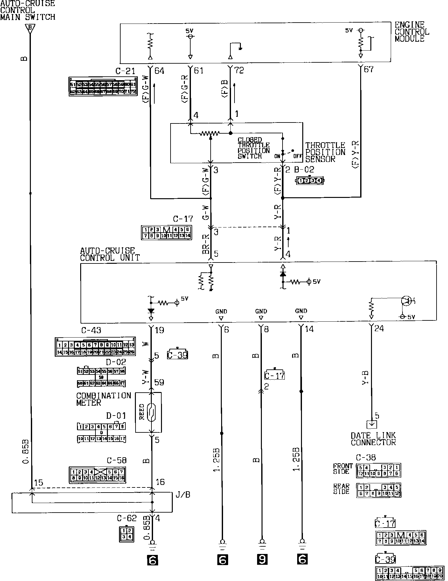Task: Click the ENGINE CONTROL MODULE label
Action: point(412,32)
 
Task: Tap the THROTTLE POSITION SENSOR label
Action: point(325,152)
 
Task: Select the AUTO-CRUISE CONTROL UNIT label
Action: point(110,254)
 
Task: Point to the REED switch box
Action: point(148,412)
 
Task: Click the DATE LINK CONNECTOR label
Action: point(373,439)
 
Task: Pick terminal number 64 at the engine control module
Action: point(159,71)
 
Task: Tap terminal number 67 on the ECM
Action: point(368,69)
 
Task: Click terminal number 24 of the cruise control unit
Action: point(379,328)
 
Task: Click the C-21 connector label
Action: point(125,71)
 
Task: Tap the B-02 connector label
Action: point(304,170)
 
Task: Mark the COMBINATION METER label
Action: point(103,399)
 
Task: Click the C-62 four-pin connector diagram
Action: point(126,535)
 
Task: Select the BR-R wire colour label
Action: point(206,244)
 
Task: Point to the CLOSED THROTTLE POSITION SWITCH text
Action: point(254,148)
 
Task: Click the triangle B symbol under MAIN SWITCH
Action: point(30,28)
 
